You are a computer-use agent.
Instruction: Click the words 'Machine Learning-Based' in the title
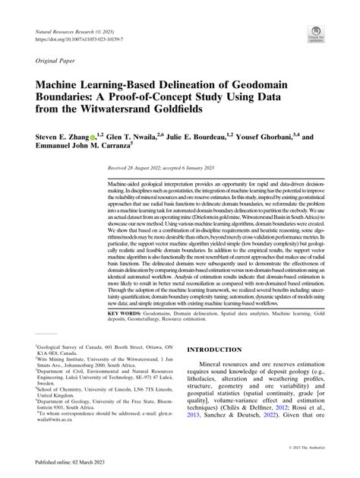(x=112, y=86)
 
